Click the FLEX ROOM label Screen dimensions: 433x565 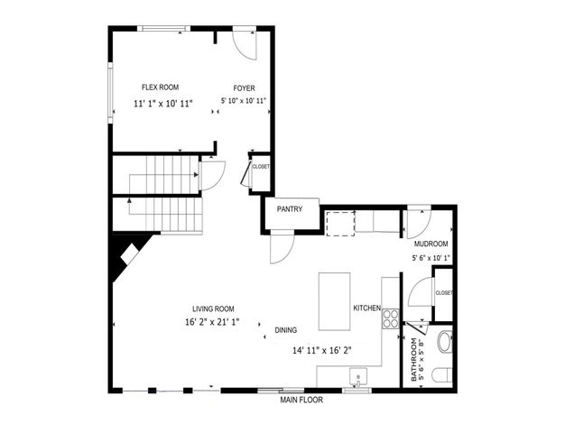tap(160, 88)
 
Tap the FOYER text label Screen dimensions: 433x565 tap(244, 88)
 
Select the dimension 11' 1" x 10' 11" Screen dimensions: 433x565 tap(162, 104)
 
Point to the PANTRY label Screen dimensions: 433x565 tap(290, 210)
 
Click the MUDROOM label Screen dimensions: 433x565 tap(431, 244)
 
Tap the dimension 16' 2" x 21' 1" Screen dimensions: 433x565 tap(208, 321)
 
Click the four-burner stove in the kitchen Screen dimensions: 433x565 tap(392, 318)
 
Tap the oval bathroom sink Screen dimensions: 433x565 tap(443, 343)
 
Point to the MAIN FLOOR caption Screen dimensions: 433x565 tap(301, 400)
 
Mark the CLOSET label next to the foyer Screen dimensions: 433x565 tap(261, 167)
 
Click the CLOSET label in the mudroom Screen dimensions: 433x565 tap(444, 293)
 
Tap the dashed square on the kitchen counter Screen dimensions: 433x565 tap(339, 222)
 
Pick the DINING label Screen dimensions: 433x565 tap(285, 330)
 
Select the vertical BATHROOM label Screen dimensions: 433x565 tap(415, 360)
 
